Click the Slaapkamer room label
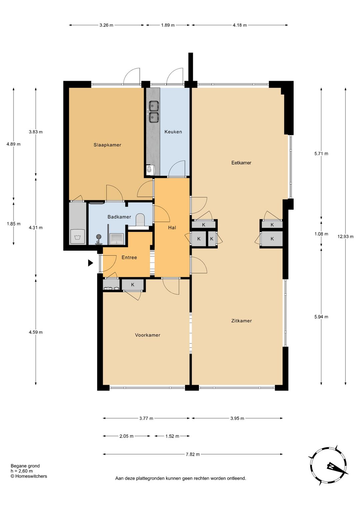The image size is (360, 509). (107, 145)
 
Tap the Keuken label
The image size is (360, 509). (173, 132)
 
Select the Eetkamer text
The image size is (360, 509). (241, 163)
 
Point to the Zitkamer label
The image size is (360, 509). (241, 321)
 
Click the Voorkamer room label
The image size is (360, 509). (148, 335)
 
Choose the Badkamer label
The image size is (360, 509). (119, 217)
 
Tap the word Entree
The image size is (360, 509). (129, 258)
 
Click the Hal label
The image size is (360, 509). (172, 227)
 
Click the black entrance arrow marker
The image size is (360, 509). (90, 263)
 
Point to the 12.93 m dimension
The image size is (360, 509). (345, 236)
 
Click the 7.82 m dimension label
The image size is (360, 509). (193, 454)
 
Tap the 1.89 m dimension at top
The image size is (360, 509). (168, 25)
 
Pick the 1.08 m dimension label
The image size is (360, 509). (321, 234)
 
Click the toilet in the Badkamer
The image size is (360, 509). (140, 220)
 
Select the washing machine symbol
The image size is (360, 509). (78, 237)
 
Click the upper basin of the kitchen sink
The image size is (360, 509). (154, 105)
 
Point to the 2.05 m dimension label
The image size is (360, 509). (127, 436)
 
